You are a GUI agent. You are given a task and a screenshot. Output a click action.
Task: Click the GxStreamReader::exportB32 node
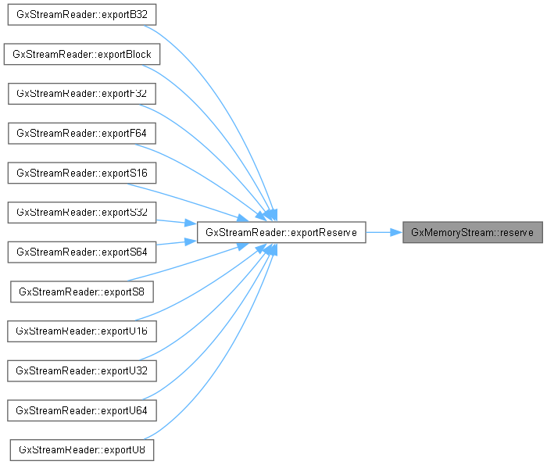point(82,15)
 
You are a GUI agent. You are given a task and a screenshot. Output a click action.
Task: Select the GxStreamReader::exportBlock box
point(82,55)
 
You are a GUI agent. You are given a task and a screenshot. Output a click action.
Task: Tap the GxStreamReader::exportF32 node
point(82,94)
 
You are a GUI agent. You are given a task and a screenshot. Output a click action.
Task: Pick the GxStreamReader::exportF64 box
point(82,134)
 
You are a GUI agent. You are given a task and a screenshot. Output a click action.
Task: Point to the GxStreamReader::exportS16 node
point(82,173)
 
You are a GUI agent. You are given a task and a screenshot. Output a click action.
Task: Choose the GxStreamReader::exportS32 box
point(82,213)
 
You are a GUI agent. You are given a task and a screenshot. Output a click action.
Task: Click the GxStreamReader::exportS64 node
point(82,252)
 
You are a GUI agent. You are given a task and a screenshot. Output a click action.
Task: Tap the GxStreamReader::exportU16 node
point(82,331)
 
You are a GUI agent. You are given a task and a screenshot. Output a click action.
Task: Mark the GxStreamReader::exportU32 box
point(82,370)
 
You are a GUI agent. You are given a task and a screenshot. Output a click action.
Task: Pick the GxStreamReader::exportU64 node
point(82,410)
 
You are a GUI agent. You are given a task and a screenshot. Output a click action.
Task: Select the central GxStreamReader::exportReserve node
point(281,232)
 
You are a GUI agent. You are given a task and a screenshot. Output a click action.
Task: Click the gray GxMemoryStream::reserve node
point(472,232)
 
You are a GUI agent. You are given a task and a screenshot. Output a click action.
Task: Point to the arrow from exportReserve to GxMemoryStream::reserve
point(384,232)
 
